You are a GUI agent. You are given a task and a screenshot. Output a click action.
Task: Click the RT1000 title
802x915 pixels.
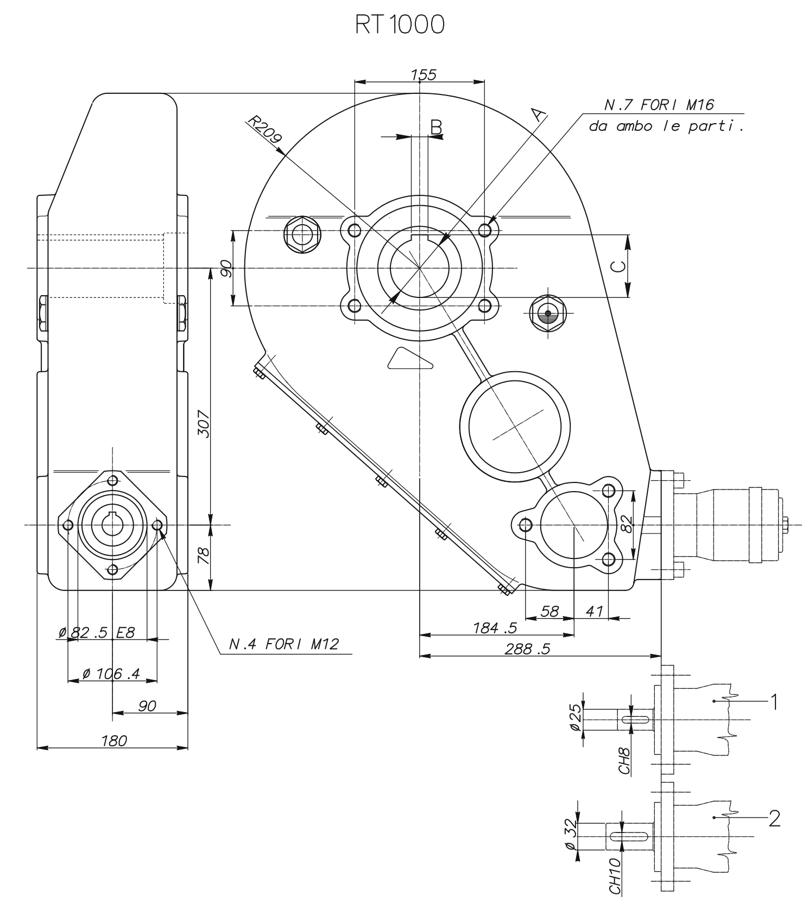pyautogui.click(x=400, y=25)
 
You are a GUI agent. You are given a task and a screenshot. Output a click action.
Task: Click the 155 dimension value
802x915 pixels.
pyautogui.click(x=424, y=75)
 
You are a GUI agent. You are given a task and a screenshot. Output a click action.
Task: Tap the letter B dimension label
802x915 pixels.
pyautogui.click(x=436, y=126)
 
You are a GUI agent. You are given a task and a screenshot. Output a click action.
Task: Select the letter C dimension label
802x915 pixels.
pyautogui.click(x=618, y=266)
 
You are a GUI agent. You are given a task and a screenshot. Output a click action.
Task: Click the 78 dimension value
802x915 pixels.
pyautogui.click(x=204, y=556)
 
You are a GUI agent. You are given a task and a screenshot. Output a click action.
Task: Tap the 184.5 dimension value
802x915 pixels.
pyautogui.click(x=495, y=628)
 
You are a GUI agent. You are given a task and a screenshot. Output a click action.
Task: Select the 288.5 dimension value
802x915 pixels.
pyautogui.click(x=527, y=649)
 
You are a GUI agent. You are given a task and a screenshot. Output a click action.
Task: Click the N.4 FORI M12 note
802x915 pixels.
pyautogui.click(x=283, y=644)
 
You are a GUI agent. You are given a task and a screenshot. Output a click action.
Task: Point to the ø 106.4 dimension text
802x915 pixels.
pyautogui.click(x=111, y=673)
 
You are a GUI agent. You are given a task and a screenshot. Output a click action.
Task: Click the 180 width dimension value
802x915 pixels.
pyautogui.click(x=114, y=740)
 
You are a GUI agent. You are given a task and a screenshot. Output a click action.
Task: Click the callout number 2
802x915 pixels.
pyautogui.click(x=774, y=818)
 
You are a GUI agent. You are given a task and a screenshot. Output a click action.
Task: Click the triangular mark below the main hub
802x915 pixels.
pyautogui.click(x=410, y=359)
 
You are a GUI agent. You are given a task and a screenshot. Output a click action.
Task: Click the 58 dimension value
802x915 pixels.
pyautogui.click(x=550, y=611)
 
